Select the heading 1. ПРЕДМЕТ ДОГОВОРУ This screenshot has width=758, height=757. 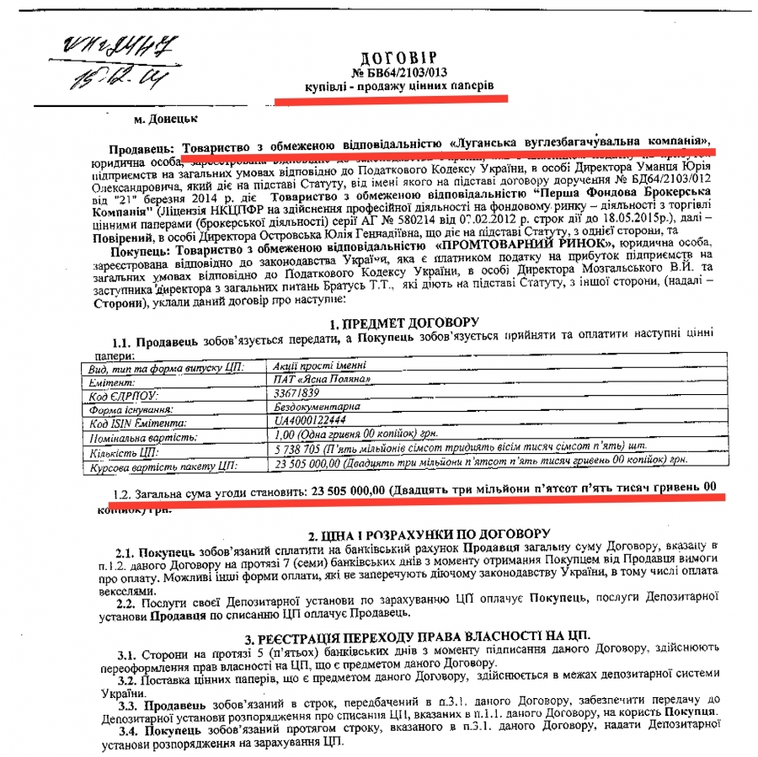click(403, 323)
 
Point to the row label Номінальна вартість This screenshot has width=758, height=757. click(140, 436)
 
